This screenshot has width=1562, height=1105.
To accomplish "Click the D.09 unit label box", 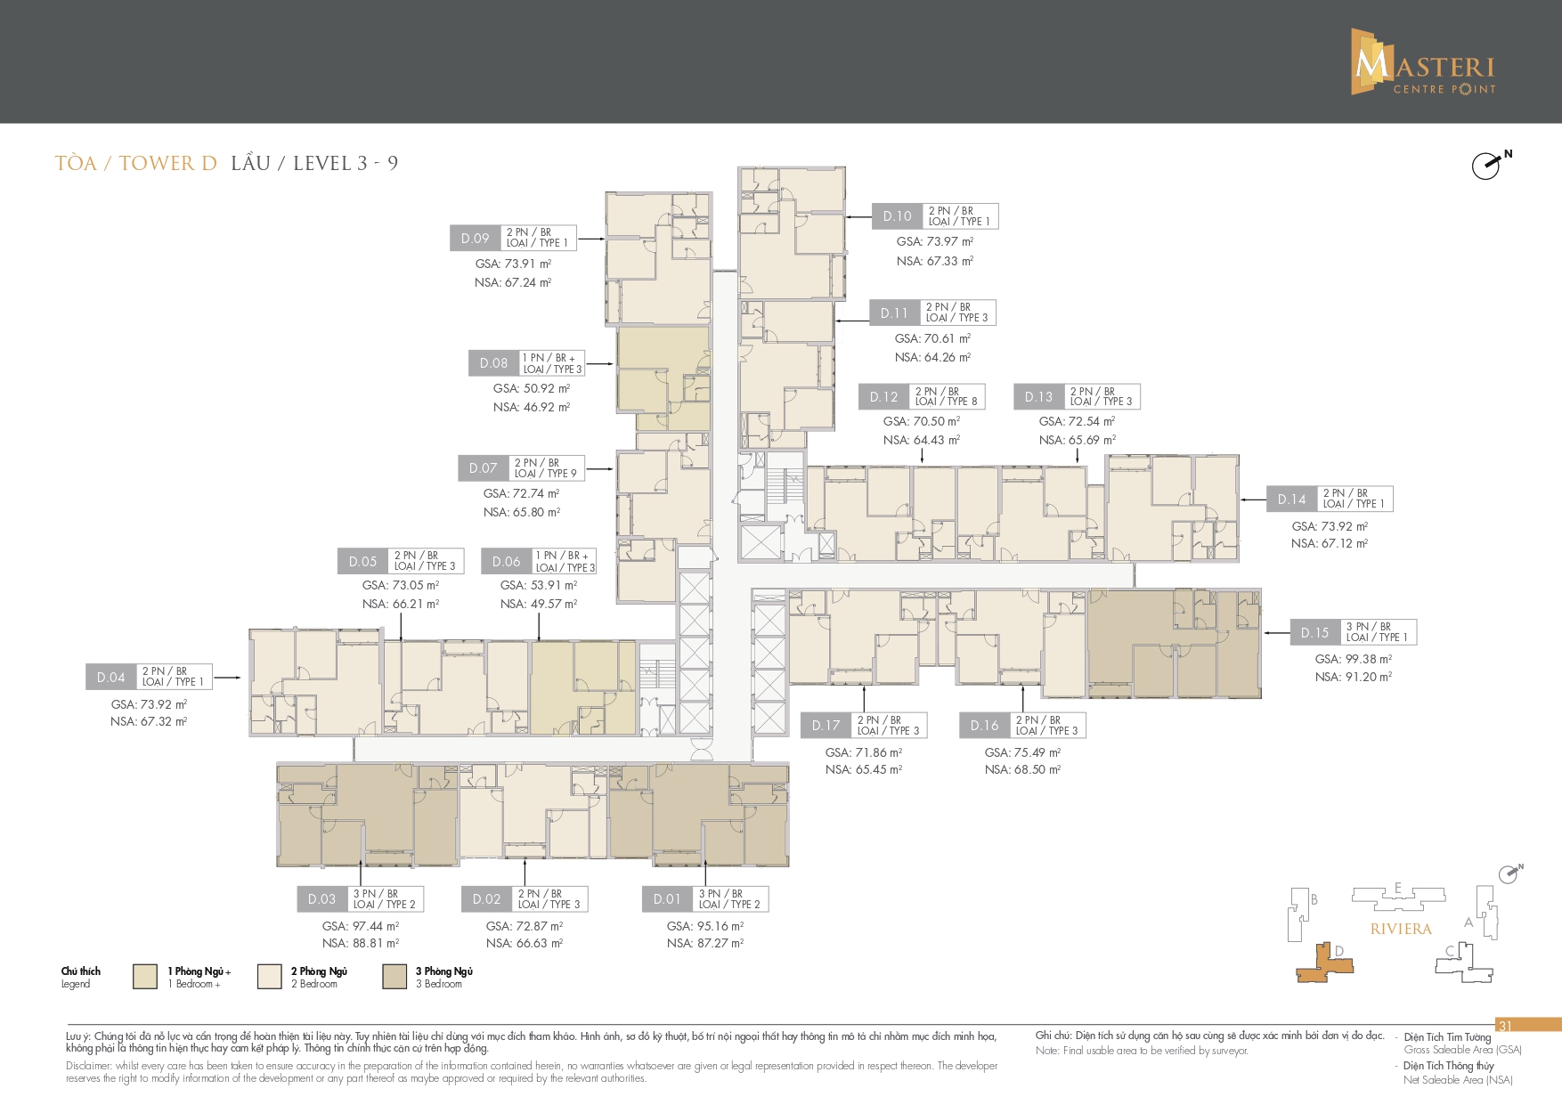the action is (x=476, y=238).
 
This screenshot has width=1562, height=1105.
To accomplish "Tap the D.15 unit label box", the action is (x=1314, y=632).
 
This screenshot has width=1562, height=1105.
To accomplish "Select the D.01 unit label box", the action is (x=667, y=899).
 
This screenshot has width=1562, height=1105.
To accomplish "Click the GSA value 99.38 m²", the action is (x=1354, y=659).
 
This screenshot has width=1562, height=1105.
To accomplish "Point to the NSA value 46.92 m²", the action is (x=532, y=407).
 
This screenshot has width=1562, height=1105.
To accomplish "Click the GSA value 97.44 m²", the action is (x=361, y=926).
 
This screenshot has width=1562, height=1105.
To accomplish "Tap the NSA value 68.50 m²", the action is (x=1022, y=769).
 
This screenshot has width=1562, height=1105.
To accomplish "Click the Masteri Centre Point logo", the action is (x=1422, y=61).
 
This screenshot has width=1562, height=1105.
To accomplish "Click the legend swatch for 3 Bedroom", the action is (x=395, y=976).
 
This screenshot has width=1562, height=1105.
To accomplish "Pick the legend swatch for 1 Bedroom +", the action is (x=145, y=976).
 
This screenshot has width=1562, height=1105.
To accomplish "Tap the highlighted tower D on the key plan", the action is (x=1324, y=964).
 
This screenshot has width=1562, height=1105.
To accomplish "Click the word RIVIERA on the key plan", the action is (x=1401, y=929).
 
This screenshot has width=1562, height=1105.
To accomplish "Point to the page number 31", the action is (x=1505, y=1026).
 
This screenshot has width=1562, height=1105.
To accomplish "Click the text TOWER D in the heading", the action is (x=168, y=163).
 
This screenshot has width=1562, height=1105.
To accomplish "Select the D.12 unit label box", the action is (x=884, y=397).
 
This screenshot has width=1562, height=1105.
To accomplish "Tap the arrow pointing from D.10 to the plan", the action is (x=858, y=216).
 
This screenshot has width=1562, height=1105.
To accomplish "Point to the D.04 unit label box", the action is (x=110, y=677).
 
